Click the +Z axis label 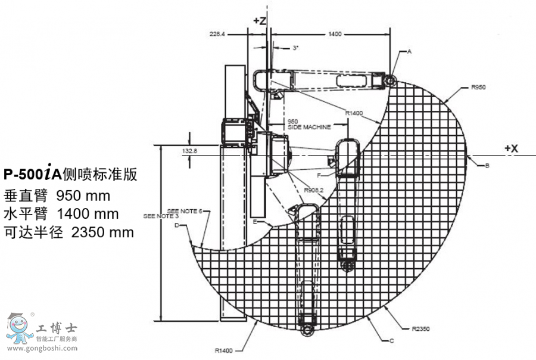(x=260, y=20)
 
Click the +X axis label (x=512, y=148)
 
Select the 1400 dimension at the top (x=335, y=35)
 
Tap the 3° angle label (x=295, y=48)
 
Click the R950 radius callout (x=478, y=88)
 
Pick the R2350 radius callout (x=420, y=328)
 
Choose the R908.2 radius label (x=313, y=190)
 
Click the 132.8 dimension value (x=189, y=151)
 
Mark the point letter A (x=409, y=52)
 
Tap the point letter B (x=487, y=165)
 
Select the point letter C (x=391, y=341)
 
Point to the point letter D (x=177, y=225)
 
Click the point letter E (x=254, y=222)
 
